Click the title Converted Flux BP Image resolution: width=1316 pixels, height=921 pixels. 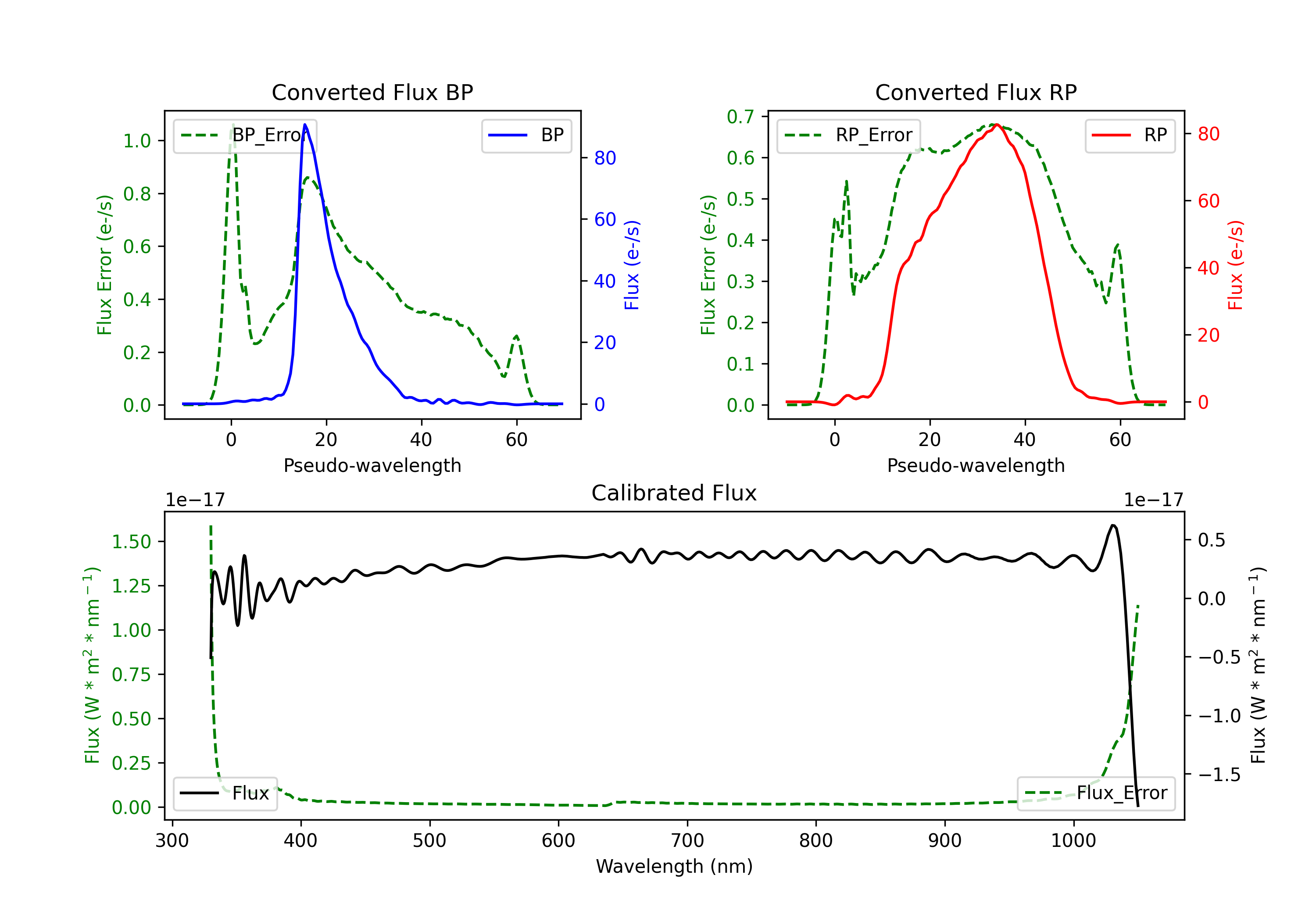coord(372,92)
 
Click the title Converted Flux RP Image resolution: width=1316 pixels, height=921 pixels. coord(976,92)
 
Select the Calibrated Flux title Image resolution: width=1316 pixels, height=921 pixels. coord(674,493)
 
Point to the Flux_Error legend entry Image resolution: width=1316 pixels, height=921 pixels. coord(1096,793)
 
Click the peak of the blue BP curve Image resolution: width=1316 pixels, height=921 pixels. coord(305,125)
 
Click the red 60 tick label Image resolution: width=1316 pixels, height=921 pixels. coord(1208,201)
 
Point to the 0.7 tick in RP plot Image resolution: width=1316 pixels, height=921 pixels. coord(740,117)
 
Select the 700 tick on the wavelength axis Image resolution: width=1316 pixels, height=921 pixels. coord(687,841)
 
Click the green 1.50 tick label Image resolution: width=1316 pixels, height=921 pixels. coord(131,542)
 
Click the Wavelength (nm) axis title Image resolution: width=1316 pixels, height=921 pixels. coord(674,867)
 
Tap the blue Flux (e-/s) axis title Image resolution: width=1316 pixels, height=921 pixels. coord(632,265)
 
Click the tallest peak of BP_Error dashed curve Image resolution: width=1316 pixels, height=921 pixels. coord(232,125)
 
